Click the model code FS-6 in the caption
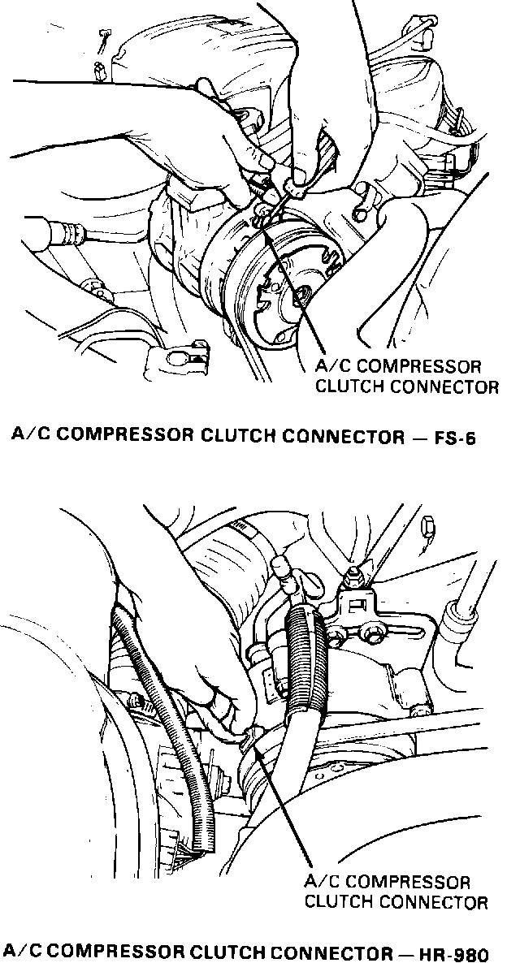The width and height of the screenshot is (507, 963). pyautogui.click(x=453, y=438)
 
